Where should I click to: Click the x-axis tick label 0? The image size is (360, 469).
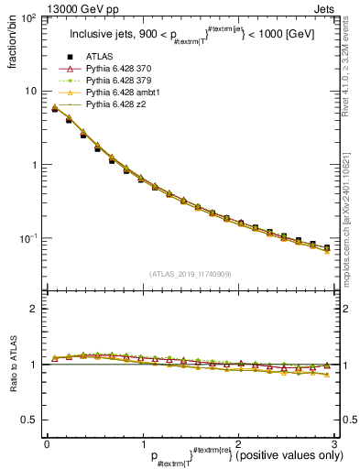pyautogui.click(x=46, y=443)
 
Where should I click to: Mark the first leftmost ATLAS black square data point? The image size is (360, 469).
pyautogui.click(x=55, y=109)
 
